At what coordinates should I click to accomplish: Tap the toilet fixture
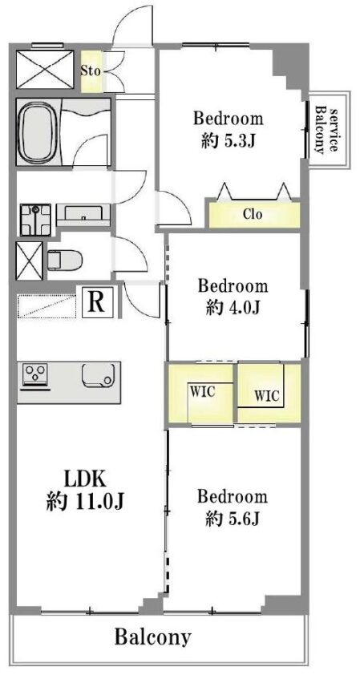(x=65, y=261)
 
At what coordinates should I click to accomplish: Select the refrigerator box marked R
(x=97, y=303)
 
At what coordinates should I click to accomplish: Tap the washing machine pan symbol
(x=35, y=220)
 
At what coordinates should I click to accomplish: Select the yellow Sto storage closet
(x=91, y=71)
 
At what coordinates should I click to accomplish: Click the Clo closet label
(x=252, y=214)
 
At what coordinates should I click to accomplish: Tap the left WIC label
(x=202, y=392)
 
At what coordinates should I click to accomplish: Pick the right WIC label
(x=267, y=394)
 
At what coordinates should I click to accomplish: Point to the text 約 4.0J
(x=233, y=307)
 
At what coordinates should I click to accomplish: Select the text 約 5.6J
(x=232, y=519)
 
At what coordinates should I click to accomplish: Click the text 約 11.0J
(x=85, y=501)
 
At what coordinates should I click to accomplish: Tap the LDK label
(x=85, y=479)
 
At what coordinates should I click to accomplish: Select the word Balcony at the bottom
(x=152, y=637)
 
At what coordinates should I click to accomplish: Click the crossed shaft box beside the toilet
(x=30, y=261)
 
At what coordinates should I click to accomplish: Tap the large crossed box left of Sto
(x=46, y=69)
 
